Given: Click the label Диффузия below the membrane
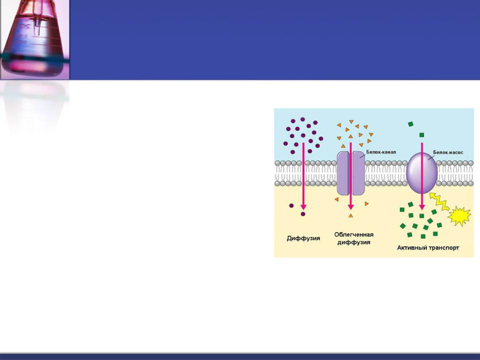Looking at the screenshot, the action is click(x=303, y=238).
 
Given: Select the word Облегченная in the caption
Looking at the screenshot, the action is click(x=354, y=234).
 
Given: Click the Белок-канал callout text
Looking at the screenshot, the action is click(x=381, y=152).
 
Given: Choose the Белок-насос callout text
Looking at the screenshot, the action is click(x=448, y=152).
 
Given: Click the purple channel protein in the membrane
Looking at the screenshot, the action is click(x=351, y=173).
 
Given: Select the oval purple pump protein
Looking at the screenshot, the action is click(x=422, y=173).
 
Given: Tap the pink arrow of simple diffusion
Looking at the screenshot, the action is click(x=303, y=176).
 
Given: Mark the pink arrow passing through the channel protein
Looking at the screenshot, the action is click(x=351, y=176).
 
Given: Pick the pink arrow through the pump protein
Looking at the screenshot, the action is click(x=422, y=176).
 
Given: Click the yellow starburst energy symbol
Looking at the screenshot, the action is click(x=459, y=216).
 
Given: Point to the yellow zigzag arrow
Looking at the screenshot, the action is click(x=439, y=201).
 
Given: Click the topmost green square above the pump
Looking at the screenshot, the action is click(x=411, y=124).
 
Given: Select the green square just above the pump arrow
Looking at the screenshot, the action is click(x=421, y=134).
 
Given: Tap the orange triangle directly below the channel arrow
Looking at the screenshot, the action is click(x=350, y=215).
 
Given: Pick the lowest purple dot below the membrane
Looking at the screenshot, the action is click(x=303, y=214).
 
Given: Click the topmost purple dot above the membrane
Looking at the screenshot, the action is click(x=303, y=119).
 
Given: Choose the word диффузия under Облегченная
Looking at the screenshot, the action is click(x=354, y=242).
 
